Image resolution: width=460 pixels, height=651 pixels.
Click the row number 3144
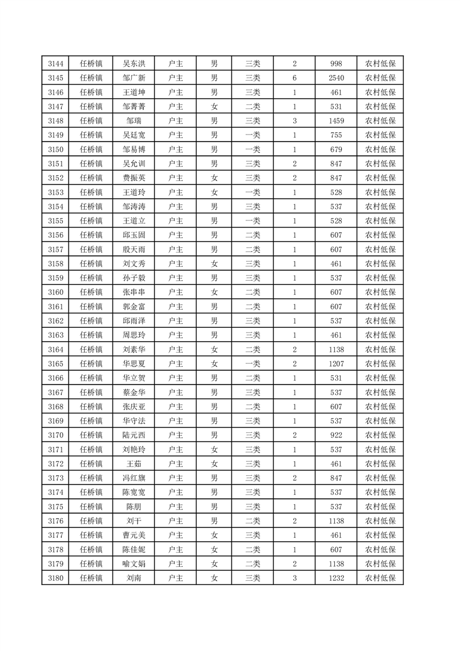click(x=56, y=64)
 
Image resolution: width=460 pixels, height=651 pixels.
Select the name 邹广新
click(x=134, y=78)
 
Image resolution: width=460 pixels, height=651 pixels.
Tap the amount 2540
click(x=336, y=78)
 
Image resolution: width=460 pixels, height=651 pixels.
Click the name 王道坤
click(x=134, y=92)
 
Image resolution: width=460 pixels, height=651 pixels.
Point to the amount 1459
click(x=336, y=121)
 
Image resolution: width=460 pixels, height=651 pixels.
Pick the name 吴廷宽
click(x=134, y=135)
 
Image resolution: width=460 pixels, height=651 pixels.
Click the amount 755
click(x=336, y=135)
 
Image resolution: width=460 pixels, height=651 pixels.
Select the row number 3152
click(x=56, y=178)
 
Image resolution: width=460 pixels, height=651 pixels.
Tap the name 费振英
click(x=134, y=178)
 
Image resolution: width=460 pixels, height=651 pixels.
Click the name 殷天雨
click(x=134, y=249)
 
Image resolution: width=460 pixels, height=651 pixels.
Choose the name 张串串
click(x=134, y=292)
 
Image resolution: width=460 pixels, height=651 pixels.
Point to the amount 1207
click(x=336, y=364)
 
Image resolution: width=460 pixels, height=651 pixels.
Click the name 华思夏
click(x=134, y=364)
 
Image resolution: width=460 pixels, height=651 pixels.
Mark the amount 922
click(x=336, y=435)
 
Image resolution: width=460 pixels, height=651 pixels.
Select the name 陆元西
click(x=134, y=435)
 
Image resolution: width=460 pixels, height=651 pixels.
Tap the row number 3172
click(x=56, y=464)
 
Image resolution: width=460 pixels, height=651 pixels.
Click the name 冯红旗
click(x=134, y=478)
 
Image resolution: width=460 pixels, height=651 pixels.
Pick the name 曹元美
click(x=134, y=535)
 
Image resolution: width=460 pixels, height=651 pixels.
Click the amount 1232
click(x=336, y=578)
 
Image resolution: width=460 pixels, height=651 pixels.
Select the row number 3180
click(x=56, y=578)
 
